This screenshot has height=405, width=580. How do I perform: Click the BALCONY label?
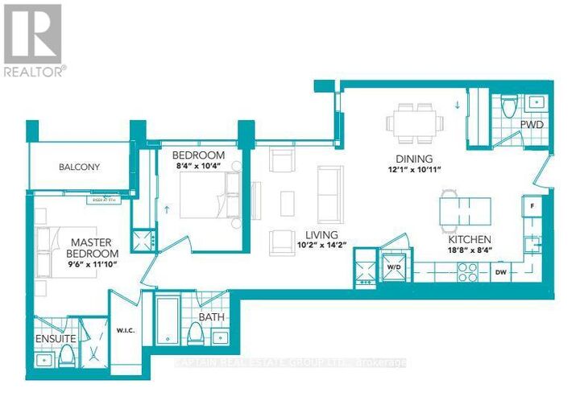point(79,167)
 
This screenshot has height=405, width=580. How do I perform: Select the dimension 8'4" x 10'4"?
point(198,167)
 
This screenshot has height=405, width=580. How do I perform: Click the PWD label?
point(531,126)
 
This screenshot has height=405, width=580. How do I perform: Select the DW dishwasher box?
point(501,273)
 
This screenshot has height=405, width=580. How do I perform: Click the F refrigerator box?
point(532,206)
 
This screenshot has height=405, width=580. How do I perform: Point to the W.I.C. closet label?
point(124,329)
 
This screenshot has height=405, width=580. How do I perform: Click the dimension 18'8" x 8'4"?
point(471,251)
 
